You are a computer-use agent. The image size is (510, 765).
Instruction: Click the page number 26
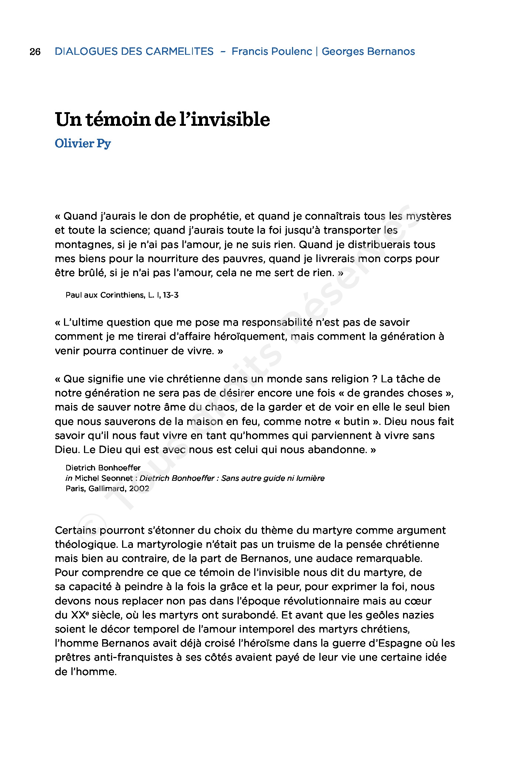click(x=35, y=51)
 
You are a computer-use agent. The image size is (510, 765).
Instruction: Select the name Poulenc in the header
click(x=292, y=51)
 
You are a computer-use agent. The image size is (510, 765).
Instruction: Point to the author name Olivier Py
click(x=83, y=143)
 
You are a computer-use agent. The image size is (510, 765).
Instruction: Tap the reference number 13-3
click(x=171, y=295)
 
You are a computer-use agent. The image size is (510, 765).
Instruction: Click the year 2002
click(x=139, y=489)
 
